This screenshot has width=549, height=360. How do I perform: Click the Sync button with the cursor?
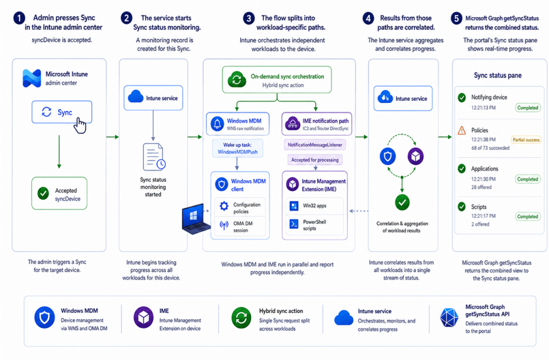[62, 112]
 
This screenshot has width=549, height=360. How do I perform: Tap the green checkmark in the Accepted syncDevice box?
[43, 193]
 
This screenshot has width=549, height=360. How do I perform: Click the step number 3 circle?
[249, 18]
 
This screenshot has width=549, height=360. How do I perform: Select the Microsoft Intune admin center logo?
[32, 78]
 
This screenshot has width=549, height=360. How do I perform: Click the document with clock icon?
[154, 157]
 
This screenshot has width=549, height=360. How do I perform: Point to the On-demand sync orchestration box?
[277, 80]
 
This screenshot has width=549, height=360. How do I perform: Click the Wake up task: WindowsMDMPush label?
[238, 148]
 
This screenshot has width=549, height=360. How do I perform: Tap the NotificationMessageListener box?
[315, 145]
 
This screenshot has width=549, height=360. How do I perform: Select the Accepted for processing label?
[315, 160]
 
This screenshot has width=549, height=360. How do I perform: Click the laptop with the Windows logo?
[195, 219]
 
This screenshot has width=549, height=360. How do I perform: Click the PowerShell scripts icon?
[294, 223]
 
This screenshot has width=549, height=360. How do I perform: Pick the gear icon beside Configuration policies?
[224, 206]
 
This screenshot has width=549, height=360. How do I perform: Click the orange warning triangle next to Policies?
[462, 131]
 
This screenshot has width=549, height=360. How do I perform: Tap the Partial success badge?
[526, 140]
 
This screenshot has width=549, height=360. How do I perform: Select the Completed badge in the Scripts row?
[528, 216]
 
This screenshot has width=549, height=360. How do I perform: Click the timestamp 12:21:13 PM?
[483, 108]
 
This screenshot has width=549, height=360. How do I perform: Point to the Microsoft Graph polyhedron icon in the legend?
[449, 318]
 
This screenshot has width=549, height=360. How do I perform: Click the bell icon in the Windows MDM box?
[217, 124]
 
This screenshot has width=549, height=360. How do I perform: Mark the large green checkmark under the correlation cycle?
[402, 202]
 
